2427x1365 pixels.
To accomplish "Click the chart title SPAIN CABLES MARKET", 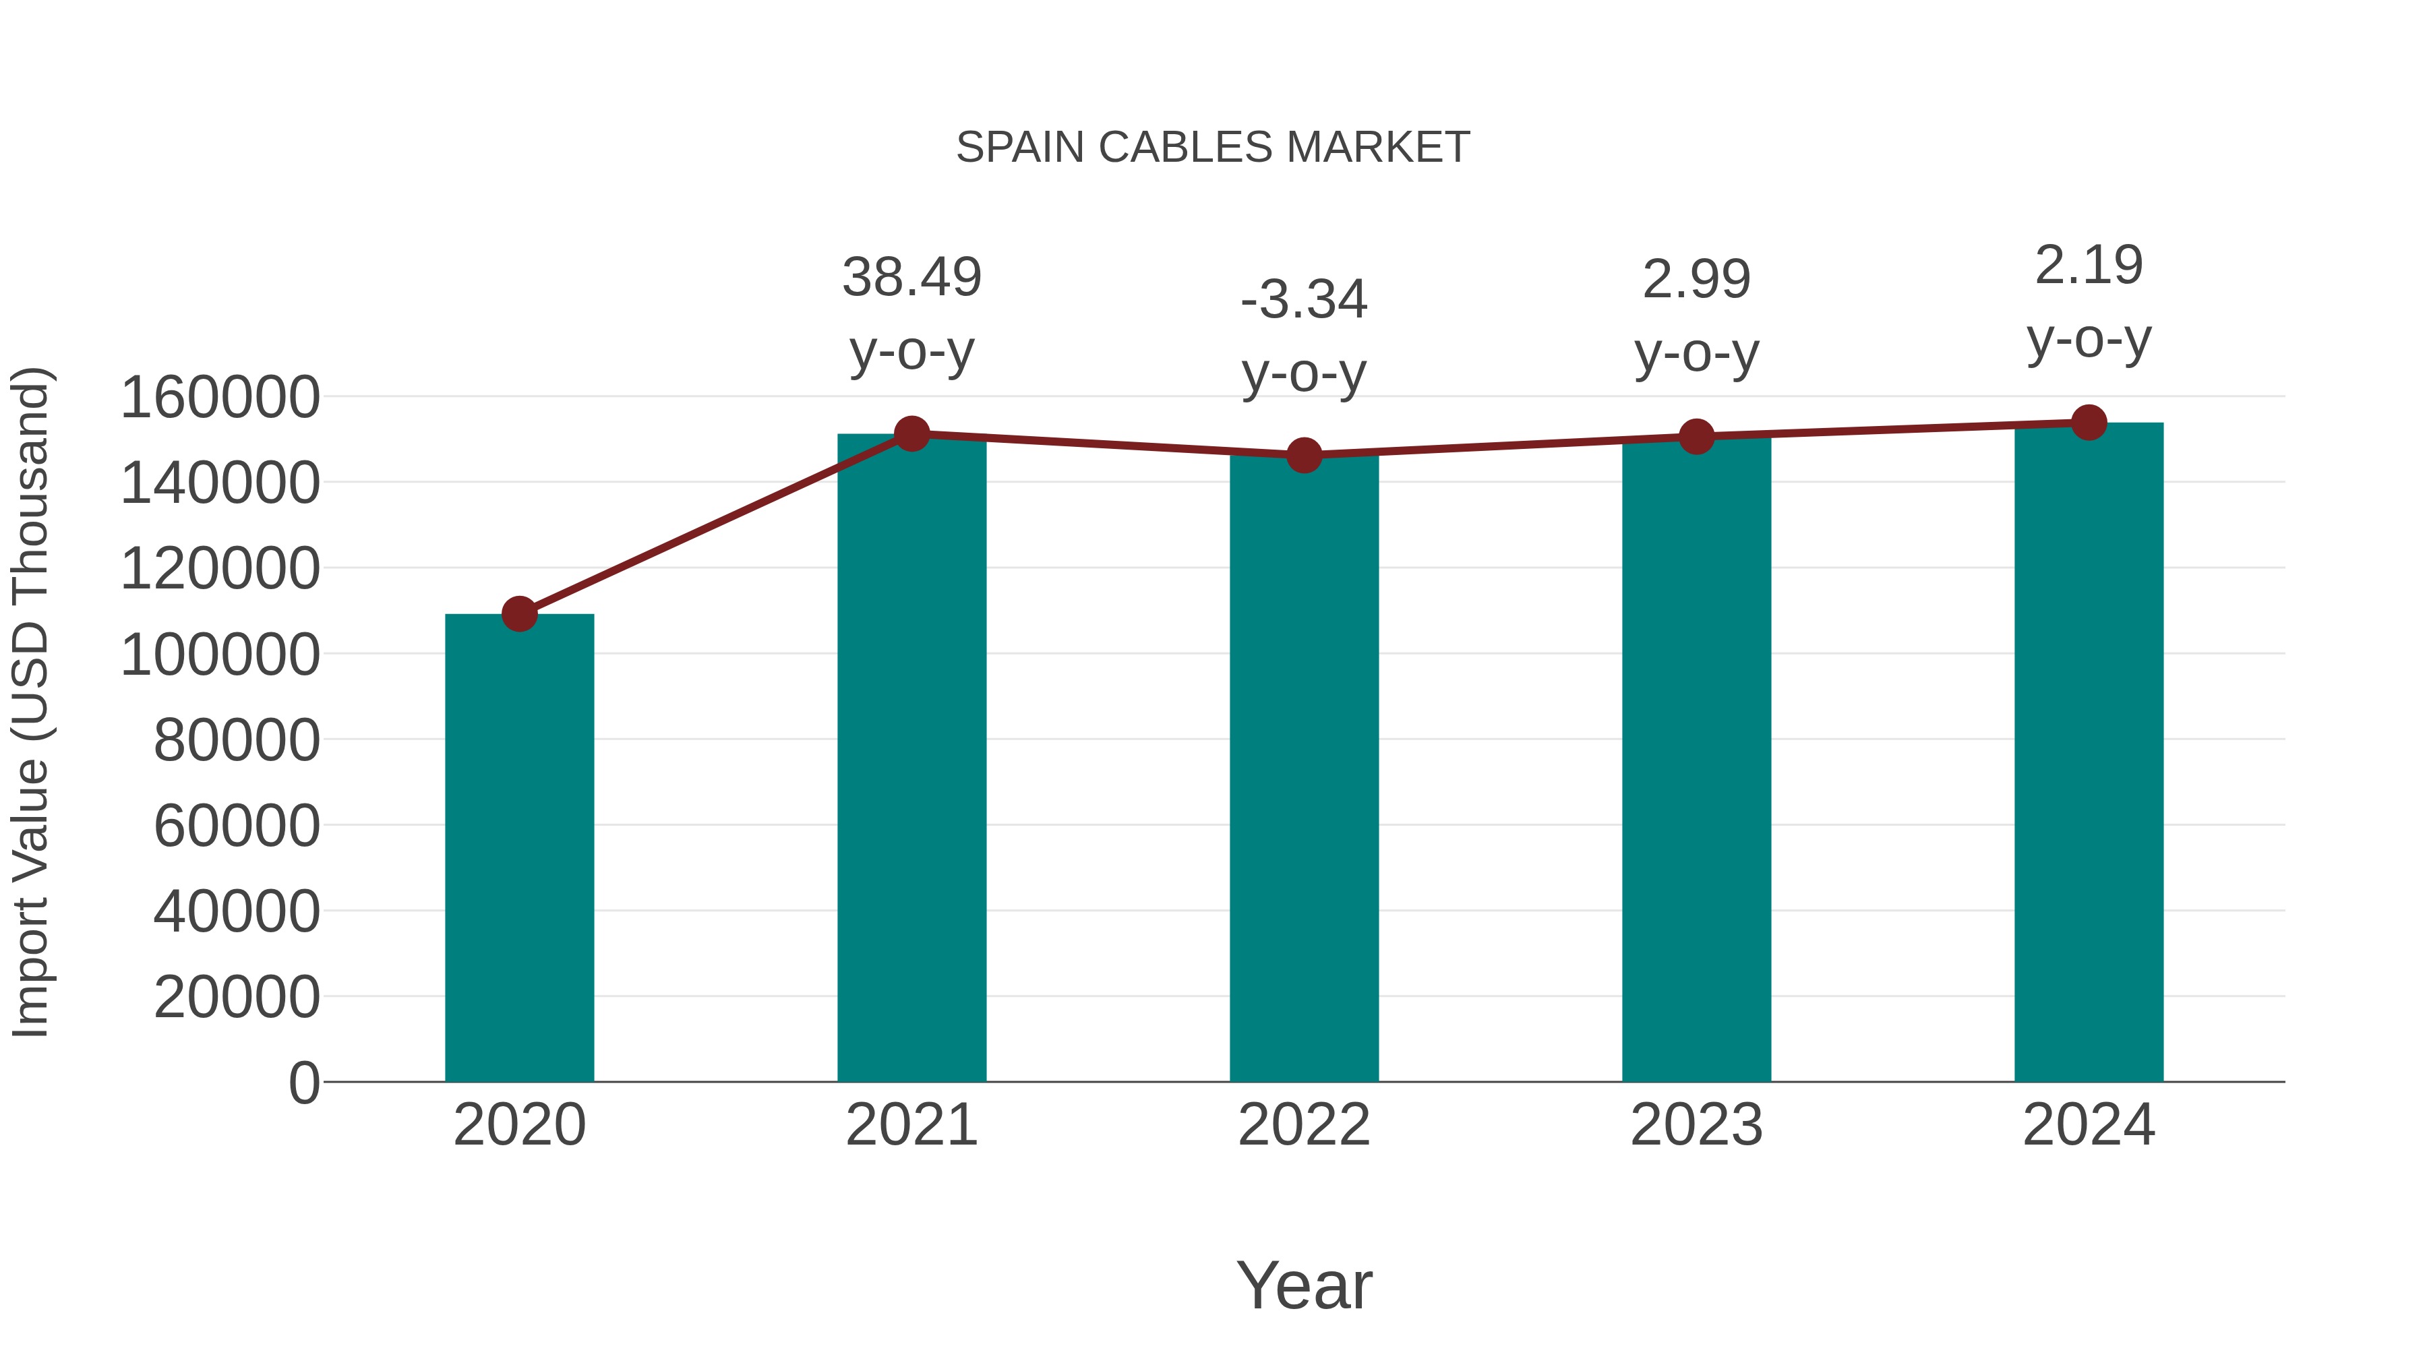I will coord(1213,148).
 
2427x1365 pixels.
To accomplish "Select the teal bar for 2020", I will coord(519,848).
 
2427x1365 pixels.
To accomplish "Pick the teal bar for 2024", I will coord(2089,754).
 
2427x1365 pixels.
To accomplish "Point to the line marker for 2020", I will coord(519,614).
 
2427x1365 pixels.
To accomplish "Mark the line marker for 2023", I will coord(1696,437).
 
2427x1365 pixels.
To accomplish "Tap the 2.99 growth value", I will coord(1696,280).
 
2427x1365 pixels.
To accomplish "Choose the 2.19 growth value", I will coord(2089,265).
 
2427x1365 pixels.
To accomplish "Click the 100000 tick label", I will coord(220,654).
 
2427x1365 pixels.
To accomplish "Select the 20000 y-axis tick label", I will coord(237,997).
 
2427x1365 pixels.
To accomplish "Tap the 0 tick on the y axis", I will coord(304,1083).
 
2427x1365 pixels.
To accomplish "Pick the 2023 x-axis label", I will coord(1696,1125).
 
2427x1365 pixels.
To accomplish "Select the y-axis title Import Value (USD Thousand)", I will coord(31,702).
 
